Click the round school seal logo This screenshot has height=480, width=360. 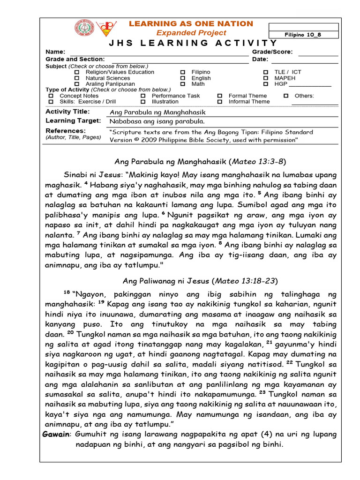coord(85,29)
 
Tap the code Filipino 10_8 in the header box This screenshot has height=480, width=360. coord(303,35)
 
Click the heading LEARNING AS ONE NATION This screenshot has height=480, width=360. coord(191,24)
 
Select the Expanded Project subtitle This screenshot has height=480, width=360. coord(191,33)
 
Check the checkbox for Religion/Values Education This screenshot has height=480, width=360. coord(77,72)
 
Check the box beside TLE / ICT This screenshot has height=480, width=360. coord(266,72)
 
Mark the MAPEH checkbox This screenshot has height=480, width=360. coord(266,78)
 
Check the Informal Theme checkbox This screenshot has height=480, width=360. coord(219,102)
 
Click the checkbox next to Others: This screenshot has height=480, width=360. coord(286,96)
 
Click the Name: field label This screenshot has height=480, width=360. coord(55,52)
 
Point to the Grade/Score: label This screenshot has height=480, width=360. coord(272,52)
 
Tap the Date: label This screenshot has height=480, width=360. coord(260,60)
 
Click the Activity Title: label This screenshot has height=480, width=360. coord(67,112)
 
